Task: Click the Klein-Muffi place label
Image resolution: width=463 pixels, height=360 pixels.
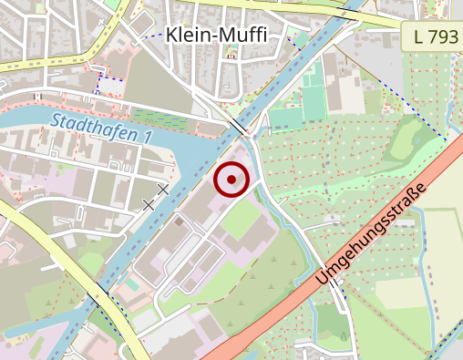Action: (216, 36)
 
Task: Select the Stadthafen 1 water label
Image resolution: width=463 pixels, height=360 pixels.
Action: (100, 127)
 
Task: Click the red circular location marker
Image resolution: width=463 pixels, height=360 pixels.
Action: (231, 180)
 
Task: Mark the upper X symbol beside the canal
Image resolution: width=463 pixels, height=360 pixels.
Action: (164, 189)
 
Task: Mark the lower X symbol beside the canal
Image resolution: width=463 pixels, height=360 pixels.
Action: (149, 204)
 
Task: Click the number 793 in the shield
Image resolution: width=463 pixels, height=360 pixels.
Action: (437, 37)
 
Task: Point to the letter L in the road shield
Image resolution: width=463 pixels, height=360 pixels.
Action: (417, 37)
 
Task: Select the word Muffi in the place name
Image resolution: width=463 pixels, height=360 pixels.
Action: (242, 36)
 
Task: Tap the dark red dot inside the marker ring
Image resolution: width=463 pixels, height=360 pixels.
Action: (231, 180)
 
